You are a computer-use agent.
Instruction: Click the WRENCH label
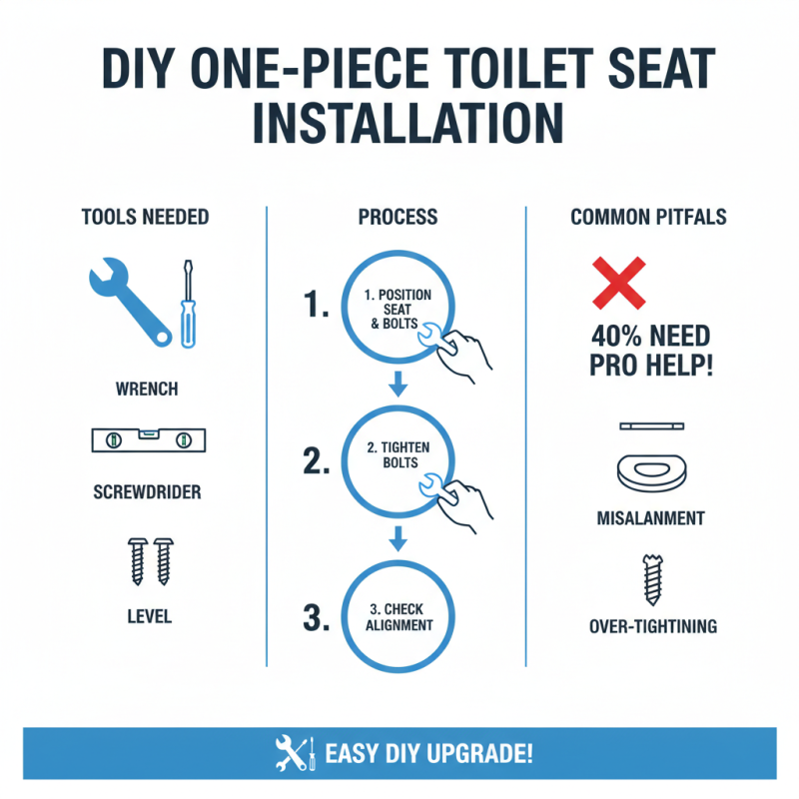pyautogui.click(x=147, y=385)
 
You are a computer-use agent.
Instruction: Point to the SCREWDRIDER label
pyautogui.click(x=147, y=492)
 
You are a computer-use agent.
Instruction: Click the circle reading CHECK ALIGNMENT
pyautogui.click(x=399, y=616)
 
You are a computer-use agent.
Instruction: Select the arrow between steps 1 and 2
pyautogui.click(x=399, y=382)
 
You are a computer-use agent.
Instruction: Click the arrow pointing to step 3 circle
pyautogui.click(x=399, y=538)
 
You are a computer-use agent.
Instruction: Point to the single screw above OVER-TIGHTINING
pyautogui.click(x=652, y=580)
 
